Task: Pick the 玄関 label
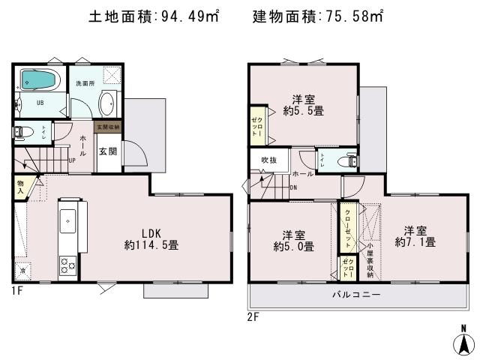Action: tap(107, 151)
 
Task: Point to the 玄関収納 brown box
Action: tap(107, 128)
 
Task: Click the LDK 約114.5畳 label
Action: tap(151, 238)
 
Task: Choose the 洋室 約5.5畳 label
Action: tap(302, 105)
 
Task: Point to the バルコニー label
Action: tap(356, 295)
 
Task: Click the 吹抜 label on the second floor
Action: tap(268, 160)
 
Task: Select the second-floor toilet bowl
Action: tap(346, 160)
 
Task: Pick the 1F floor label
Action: tap(17, 289)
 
